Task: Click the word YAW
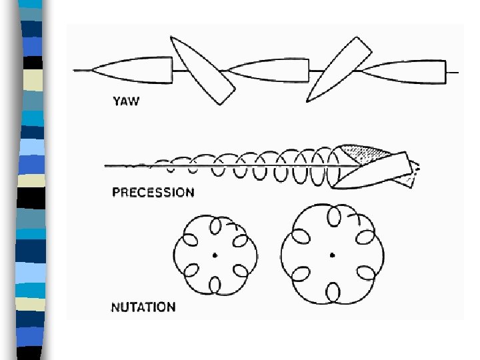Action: [125, 102]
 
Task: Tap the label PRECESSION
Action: [153, 193]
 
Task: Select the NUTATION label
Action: [143, 307]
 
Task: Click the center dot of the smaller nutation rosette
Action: [215, 255]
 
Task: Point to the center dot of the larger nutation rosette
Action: [331, 255]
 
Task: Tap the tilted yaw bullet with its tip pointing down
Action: [203, 69]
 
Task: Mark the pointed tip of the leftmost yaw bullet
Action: [93, 69]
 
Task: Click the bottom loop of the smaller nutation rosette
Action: [215, 285]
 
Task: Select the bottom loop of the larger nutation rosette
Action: [332, 291]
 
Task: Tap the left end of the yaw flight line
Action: [75, 69]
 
